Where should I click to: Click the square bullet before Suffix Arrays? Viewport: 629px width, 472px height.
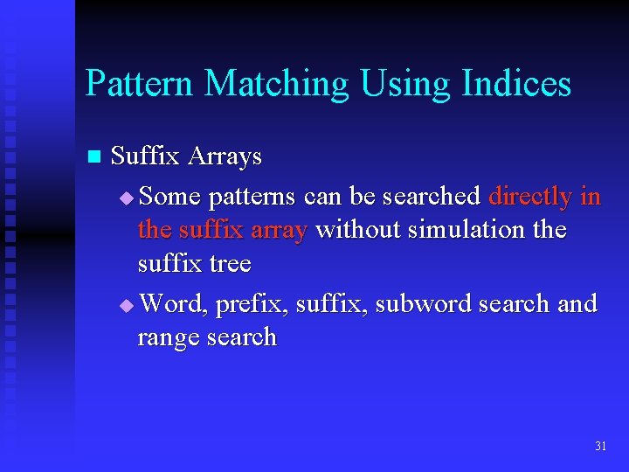(94, 157)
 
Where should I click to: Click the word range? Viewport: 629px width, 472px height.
(168, 338)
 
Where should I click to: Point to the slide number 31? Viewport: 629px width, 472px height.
(600, 446)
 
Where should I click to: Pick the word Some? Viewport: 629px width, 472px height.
(169, 197)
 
